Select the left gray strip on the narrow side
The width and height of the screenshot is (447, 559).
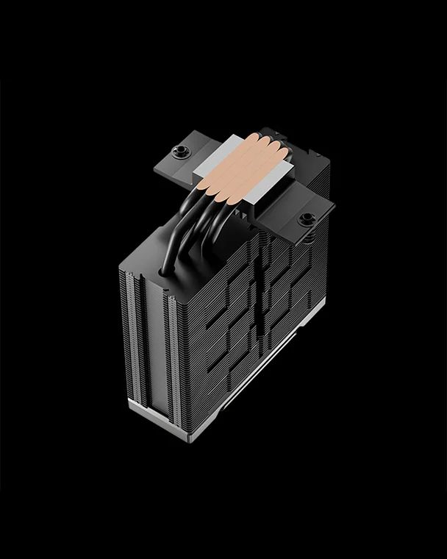click(132, 331)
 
